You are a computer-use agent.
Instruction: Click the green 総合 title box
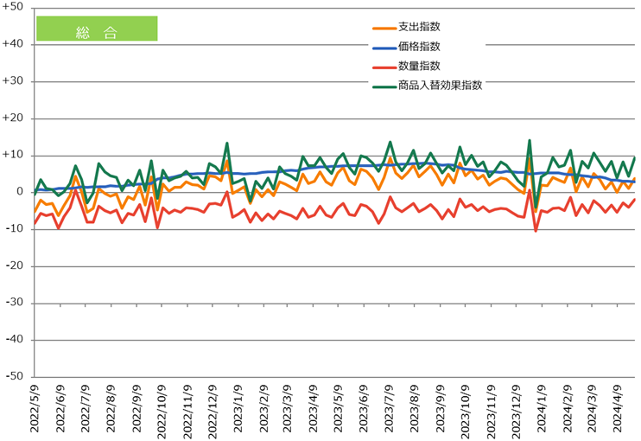96,29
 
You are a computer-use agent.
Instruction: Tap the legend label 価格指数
419,47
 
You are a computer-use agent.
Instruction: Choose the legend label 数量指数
419,66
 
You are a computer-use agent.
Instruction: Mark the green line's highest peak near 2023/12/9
529,140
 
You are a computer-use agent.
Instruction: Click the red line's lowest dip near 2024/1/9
536,231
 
